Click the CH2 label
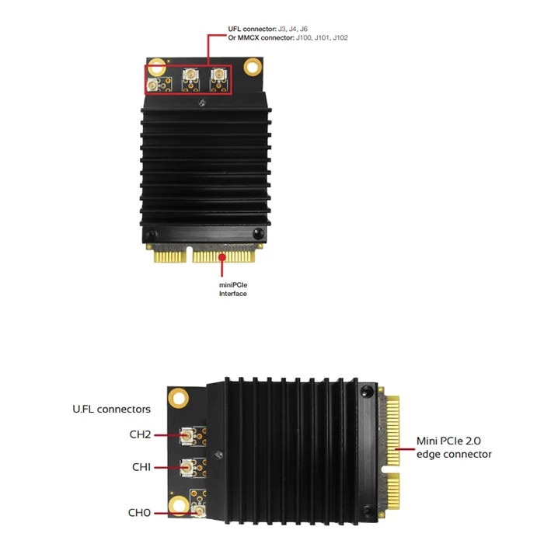[140, 434]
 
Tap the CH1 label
[141, 467]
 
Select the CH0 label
[139, 512]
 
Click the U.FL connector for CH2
[187, 437]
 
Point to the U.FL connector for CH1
[187, 469]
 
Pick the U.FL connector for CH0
[200, 511]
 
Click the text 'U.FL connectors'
[111, 409]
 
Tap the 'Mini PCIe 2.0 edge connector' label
[454, 448]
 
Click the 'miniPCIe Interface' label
[233, 289]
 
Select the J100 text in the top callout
[304, 37]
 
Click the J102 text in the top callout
[340, 37]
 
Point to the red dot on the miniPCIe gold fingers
[222, 257]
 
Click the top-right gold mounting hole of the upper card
[253, 66]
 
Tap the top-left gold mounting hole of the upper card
[157, 67]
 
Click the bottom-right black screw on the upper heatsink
[258, 233]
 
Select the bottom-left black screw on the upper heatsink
[152, 235]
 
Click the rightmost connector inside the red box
[218, 74]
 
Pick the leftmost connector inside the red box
[152, 85]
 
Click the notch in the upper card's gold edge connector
[190, 254]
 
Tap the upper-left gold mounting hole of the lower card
[178, 398]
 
